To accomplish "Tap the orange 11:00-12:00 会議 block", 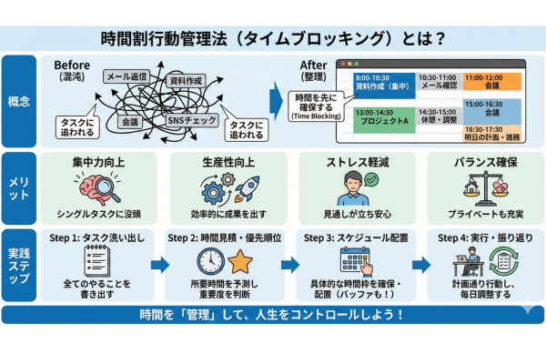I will pyautogui.click(x=492, y=83).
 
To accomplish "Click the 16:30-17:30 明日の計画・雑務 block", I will pyautogui.click(x=492, y=133).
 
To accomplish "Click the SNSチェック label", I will pyautogui.click(x=190, y=119).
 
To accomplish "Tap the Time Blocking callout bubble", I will pyautogui.click(x=309, y=106).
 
